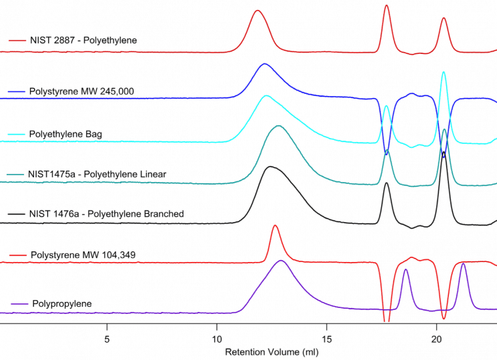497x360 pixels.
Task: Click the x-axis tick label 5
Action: click(107, 338)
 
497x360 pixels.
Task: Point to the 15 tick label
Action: click(327, 338)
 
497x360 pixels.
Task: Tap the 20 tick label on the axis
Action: click(437, 338)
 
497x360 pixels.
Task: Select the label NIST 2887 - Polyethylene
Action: click(83, 40)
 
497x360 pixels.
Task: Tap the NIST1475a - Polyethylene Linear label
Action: click(97, 174)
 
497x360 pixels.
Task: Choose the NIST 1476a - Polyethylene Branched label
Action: click(106, 214)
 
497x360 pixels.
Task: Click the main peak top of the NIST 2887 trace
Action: click(258, 11)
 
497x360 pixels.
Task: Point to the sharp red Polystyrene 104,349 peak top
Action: click(275, 226)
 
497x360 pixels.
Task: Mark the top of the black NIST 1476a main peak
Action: click(270, 167)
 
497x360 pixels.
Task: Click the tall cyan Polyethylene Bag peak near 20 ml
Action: click(444, 72)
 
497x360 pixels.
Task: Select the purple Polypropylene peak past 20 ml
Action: click(463, 264)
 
